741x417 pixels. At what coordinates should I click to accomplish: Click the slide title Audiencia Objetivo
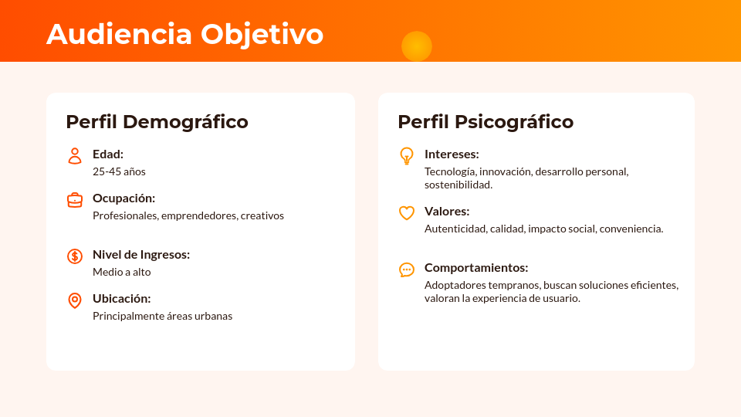[x=184, y=34]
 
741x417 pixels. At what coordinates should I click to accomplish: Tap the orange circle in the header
[x=417, y=46]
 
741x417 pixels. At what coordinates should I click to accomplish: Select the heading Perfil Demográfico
[x=157, y=121]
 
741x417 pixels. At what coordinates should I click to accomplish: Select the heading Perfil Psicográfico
[x=486, y=121]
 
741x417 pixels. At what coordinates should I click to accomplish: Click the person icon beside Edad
[x=75, y=156]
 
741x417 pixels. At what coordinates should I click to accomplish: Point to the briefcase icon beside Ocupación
[x=75, y=200]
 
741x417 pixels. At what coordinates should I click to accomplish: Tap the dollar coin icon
[x=75, y=256]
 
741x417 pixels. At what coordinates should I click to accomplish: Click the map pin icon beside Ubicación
[x=75, y=300]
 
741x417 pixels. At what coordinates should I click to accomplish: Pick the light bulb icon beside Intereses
[x=407, y=156]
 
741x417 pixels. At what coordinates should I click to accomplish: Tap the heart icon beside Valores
[x=407, y=213]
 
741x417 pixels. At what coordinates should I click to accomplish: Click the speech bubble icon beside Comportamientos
[x=407, y=270]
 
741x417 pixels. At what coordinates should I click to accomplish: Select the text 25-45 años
[x=119, y=171]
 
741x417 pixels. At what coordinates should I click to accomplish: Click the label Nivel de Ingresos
[x=141, y=254]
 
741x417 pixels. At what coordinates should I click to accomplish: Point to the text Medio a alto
[x=122, y=272]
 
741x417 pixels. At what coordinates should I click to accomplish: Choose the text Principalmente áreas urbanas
[x=162, y=316]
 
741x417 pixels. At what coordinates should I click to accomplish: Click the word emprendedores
[x=199, y=215]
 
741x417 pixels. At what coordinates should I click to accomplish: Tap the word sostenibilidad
[x=458, y=185]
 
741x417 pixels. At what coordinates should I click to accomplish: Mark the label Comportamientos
[x=476, y=267]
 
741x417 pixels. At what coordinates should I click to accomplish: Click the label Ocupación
[x=123, y=198]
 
